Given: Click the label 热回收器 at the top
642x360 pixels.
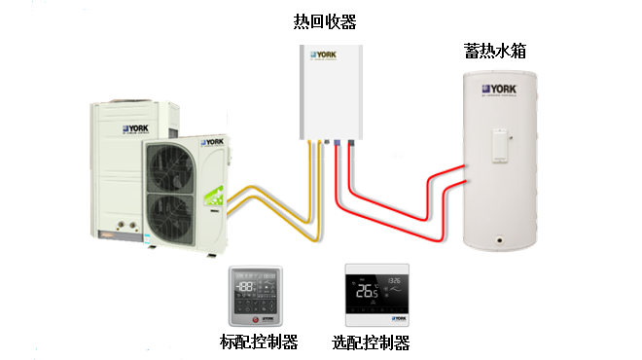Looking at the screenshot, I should [x=324, y=21].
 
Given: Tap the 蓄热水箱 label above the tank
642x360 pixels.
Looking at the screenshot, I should [x=496, y=51].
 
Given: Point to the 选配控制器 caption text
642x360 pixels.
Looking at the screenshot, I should [x=371, y=342].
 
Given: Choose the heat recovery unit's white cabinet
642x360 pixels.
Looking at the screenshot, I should [x=328, y=88].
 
